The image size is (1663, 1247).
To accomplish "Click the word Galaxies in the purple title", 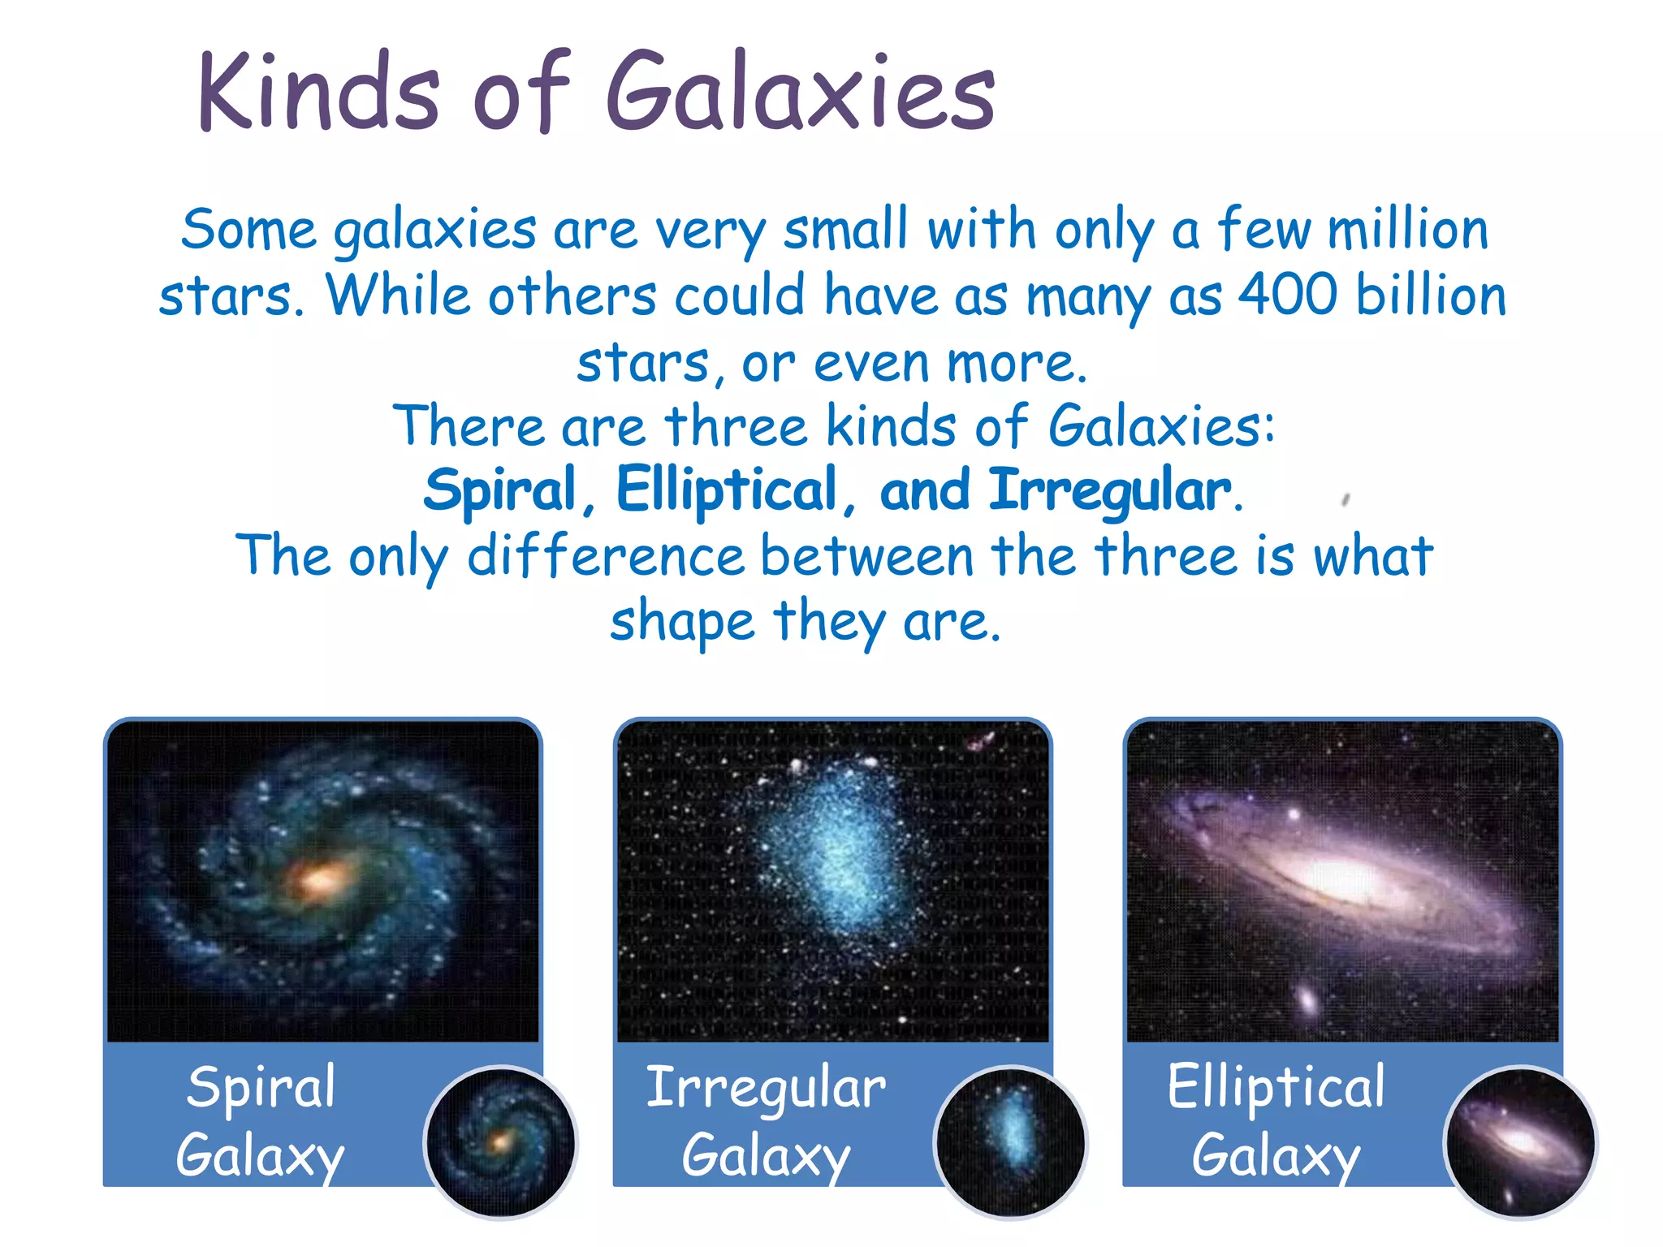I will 800,91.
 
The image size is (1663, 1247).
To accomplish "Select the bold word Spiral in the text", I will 500,491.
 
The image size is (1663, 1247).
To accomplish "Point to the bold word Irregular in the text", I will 1109,491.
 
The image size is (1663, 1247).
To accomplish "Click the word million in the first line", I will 1408,229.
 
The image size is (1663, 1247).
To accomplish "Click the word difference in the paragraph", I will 606,557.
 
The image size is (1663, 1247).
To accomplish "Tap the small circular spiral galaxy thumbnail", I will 501,1142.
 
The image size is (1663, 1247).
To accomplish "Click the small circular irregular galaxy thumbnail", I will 1010,1142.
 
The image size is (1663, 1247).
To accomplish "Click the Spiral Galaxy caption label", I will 260,1120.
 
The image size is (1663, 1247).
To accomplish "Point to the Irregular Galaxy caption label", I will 766,1120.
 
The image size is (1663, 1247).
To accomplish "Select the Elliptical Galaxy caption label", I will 1276,1120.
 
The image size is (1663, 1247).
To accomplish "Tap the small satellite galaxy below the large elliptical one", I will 1307,998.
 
